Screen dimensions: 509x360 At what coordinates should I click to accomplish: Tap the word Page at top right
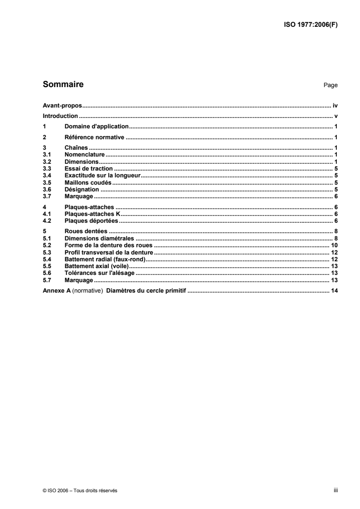coord(330,85)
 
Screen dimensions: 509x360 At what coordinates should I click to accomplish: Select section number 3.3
coord(46,169)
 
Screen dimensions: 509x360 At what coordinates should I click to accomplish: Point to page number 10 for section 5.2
coord(334,245)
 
